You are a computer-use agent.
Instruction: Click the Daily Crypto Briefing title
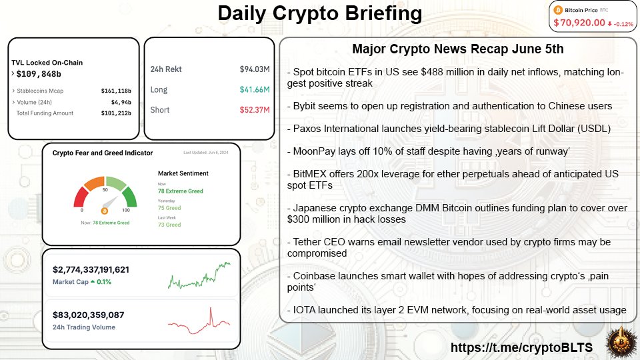pyautogui.click(x=320, y=14)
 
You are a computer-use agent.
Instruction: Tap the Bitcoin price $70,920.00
pyautogui.click(x=579, y=23)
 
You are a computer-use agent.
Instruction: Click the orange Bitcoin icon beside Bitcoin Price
pyautogui.click(x=558, y=10)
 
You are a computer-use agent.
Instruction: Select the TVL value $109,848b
pyautogui.click(x=39, y=73)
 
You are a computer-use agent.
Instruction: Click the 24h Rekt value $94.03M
pyautogui.click(x=254, y=69)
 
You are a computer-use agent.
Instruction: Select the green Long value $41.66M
pyautogui.click(x=254, y=89)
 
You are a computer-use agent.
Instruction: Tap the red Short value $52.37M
pyautogui.click(x=254, y=110)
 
